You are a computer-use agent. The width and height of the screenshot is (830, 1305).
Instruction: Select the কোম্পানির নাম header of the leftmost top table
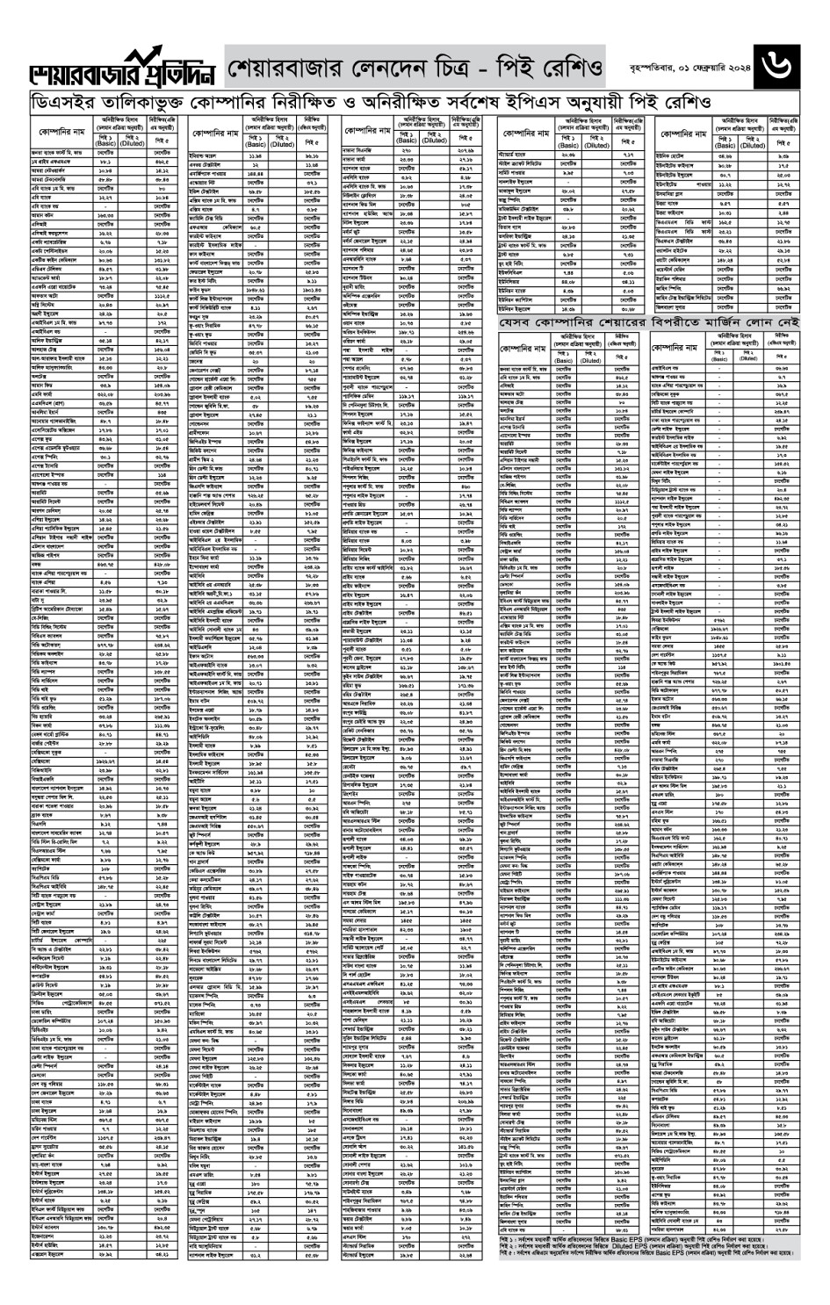tap(61, 132)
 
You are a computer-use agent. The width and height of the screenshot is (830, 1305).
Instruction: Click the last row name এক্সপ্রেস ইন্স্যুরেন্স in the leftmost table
tap(54, 1254)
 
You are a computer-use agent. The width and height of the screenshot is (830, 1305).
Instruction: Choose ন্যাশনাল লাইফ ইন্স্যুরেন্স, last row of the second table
tap(219, 1254)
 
